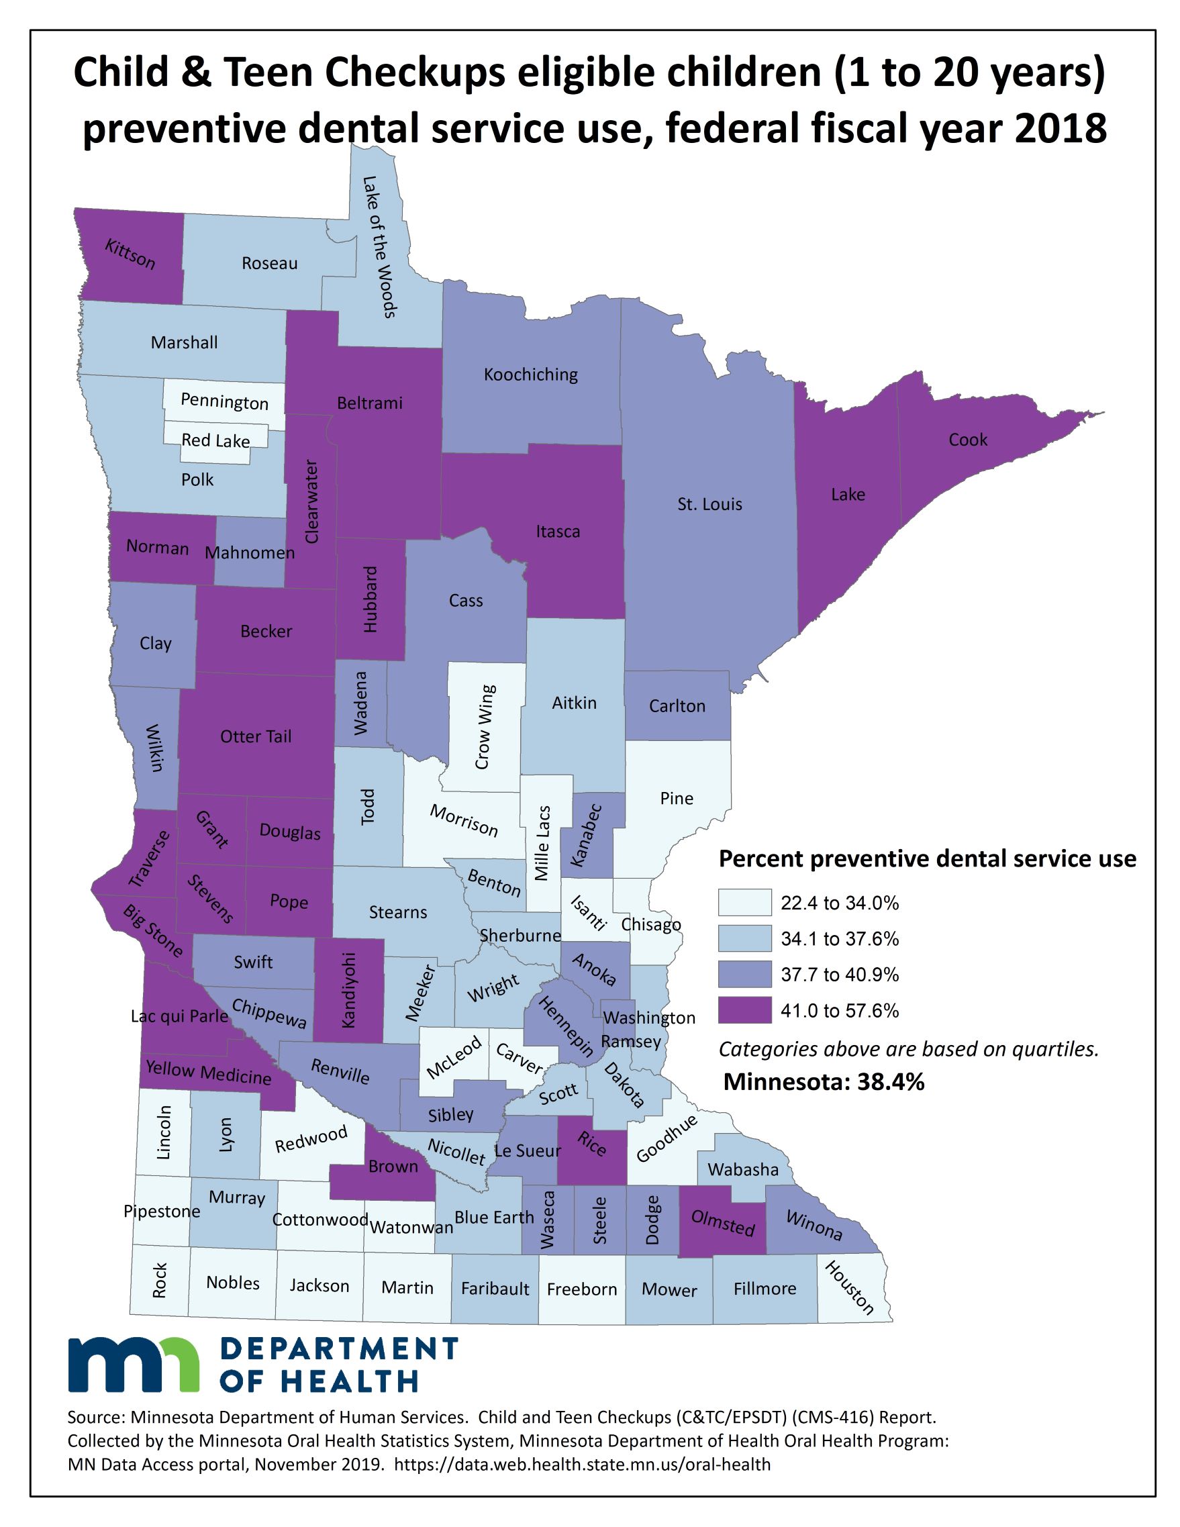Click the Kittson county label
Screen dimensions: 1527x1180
130,254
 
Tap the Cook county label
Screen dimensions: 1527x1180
967,440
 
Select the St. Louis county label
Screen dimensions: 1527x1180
709,504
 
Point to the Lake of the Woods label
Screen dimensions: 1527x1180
380,246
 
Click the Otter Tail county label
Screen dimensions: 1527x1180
256,736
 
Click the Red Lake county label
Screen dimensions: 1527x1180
215,440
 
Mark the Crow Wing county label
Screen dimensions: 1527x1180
485,726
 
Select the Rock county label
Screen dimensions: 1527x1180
160,1279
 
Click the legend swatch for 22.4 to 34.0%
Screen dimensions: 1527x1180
744,903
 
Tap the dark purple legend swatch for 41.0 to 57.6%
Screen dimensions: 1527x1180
744,1010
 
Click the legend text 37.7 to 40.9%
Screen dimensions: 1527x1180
840,975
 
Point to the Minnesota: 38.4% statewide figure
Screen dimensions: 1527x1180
824,1081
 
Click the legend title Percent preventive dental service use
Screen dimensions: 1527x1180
927,858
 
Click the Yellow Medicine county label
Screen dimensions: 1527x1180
208,1072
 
